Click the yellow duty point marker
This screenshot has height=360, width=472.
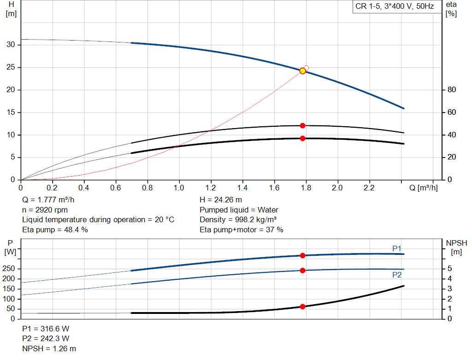pyautogui.click(x=302, y=71)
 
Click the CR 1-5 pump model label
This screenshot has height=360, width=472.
pyautogui.click(x=395, y=7)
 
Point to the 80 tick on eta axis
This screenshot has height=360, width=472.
pyautogui.click(x=452, y=90)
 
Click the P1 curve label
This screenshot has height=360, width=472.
pyautogui.click(x=397, y=248)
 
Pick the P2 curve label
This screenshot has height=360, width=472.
pyautogui.click(x=397, y=275)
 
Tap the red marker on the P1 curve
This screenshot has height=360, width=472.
pyautogui.click(x=302, y=255)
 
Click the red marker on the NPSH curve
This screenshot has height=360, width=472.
pyautogui.click(x=302, y=307)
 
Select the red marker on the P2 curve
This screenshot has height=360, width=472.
pyautogui.click(x=302, y=271)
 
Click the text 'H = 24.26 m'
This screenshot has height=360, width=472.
pyautogui.click(x=221, y=200)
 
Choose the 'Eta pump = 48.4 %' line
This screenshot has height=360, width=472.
pyautogui.click(x=55, y=230)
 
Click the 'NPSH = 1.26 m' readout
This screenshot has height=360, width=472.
pyautogui.click(x=49, y=348)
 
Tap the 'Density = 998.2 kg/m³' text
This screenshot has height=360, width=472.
pyautogui.click(x=238, y=219)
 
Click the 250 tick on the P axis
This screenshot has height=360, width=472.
pyautogui.click(x=10, y=269)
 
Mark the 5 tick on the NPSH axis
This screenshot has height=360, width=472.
pyautogui.click(x=449, y=269)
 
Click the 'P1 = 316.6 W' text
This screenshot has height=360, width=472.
pyautogui.click(x=46, y=329)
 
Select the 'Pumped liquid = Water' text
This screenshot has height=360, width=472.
pyautogui.click(x=239, y=210)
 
